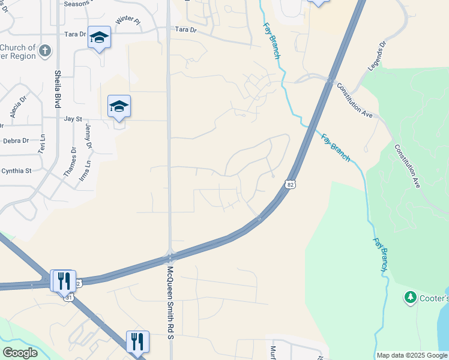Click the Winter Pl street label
127,20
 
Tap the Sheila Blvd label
58,88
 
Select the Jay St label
73,119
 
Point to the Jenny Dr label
89,137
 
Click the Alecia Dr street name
16,109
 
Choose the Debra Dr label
16,141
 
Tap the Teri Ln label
41,145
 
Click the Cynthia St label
16,171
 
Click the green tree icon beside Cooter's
411,297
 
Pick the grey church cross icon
45,50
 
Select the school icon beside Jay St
119,107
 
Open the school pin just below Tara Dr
99,37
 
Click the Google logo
20,353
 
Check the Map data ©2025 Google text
412,355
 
